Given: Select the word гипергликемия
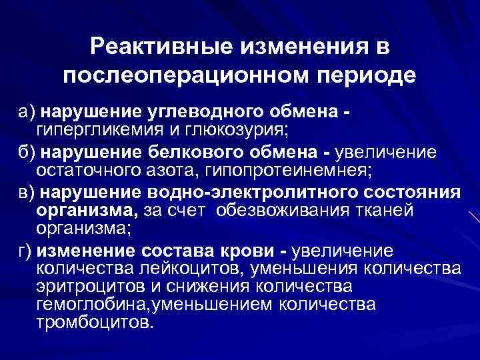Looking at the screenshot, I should click(100, 127).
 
